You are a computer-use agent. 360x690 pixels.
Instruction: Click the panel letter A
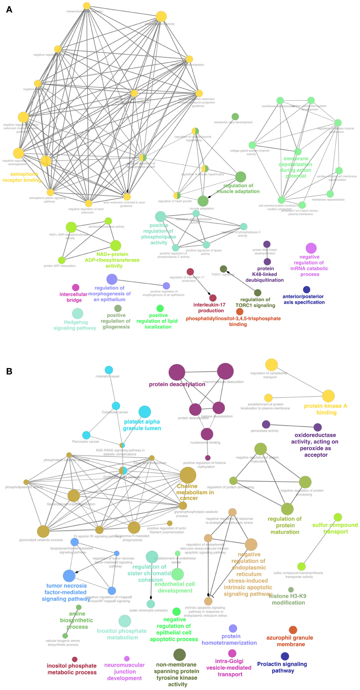pyautogui.click(x=9, y=10)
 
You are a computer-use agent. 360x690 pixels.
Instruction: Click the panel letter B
pyautogui.click(x=9, y=371)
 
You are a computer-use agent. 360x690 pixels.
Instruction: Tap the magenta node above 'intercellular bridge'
pyautogui.click(x=76, y=287)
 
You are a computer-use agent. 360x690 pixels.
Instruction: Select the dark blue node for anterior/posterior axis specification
pyautogui.click(x=307, y=290)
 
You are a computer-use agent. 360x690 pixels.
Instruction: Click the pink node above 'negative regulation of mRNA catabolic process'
pyautogui.click(x=311, y=248)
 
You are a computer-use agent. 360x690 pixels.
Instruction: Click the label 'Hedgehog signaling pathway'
pyautogui.click(x=75, y=325)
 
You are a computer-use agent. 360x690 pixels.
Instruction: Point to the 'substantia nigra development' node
pyautogui.click(x=235, y=117)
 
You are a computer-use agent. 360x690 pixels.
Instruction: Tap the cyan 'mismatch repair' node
pyautogui.click(x=109, y=370)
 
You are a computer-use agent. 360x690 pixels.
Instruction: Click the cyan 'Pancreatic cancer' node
pyautogui.click(x=86, y=435)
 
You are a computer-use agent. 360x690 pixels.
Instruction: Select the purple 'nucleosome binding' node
pyautogui.click(x=207, y=434)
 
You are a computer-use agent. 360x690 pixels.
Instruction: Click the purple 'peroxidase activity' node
pyautogui.click(x=266, y=424)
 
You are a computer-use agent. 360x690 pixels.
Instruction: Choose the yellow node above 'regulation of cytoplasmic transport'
pyautogui.click(x=271, y=365)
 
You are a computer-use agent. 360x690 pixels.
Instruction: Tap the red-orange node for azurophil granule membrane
pyautogui.click(x=293, y=630)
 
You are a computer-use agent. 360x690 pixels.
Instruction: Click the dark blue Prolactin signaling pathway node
pyautogui.click(x=285, y=656)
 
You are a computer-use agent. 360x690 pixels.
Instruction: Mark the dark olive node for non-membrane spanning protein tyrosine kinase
pyautogui.click(x=180, y=655)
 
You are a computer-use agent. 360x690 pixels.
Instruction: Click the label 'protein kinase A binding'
pyautogui.click(x=326, y=409)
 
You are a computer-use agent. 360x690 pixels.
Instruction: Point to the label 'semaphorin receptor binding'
pyautogui.click(x=22, y=177)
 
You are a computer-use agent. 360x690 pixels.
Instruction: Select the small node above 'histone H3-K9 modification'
pyautogui.click(x=291, y=590)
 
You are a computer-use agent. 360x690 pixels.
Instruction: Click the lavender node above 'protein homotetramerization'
pyautogui.click(x=233, y=629)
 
